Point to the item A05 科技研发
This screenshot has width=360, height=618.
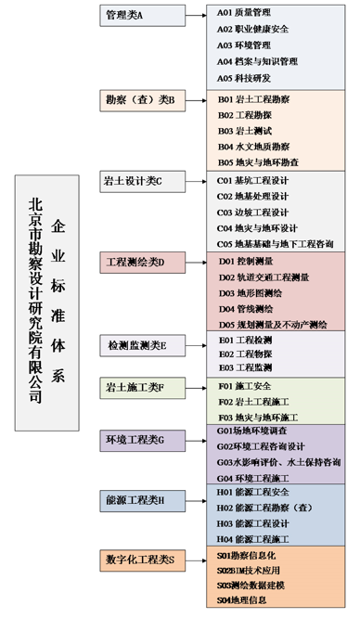[x=244, y=78]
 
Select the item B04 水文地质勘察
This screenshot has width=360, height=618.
[x=253, y=147]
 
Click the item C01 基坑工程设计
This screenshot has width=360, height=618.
[x=253, y=180]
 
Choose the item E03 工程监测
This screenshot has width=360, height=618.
[x=245, y=367]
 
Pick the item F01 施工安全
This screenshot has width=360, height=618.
[x=244, y=385]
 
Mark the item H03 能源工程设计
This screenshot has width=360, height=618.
[x=254, y=523]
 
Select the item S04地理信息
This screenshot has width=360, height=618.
[x=246, y=599]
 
